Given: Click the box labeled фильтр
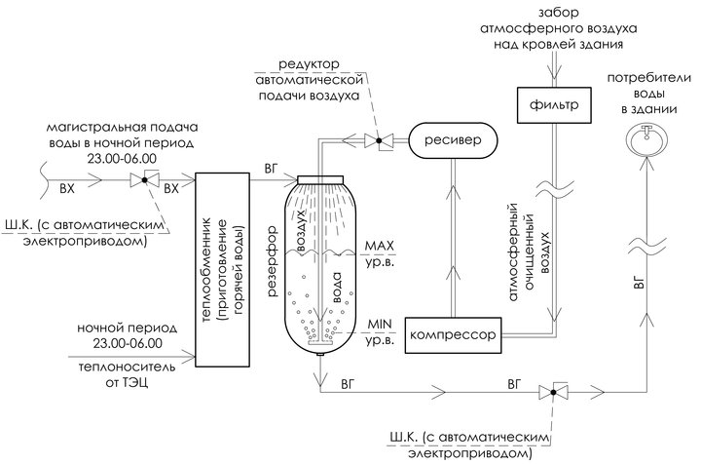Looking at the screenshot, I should click(556, 101).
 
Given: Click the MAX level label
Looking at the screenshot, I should click(376, 251).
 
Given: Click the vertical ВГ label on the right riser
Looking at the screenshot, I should click(640, 287).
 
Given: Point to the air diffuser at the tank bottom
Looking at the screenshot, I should click(319, 342).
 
